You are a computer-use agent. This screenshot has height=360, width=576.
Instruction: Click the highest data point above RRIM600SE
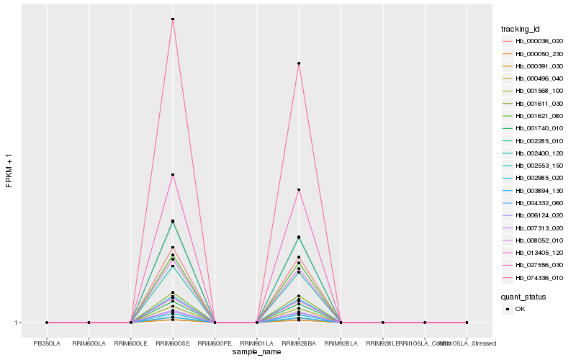point(173,19)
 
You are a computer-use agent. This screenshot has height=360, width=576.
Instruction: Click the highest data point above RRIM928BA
point(299,63)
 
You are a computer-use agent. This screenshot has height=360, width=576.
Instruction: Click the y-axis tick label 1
point(17,323)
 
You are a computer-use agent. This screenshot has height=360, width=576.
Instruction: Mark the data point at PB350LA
point(47,323)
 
